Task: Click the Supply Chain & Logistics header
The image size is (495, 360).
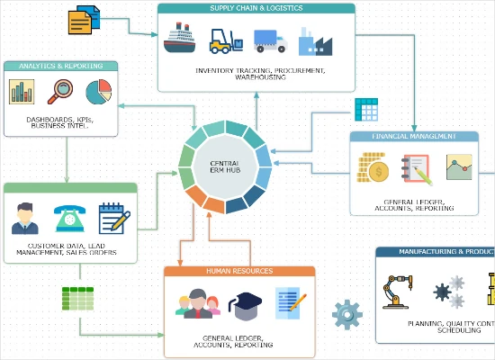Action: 256,9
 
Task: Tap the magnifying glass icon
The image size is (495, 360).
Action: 61,92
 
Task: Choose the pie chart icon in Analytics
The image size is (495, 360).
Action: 98,92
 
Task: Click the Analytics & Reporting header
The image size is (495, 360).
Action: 60,66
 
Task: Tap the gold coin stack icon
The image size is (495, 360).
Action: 371,168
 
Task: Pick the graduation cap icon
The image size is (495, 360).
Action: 247,306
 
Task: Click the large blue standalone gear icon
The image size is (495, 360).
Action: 346,315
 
